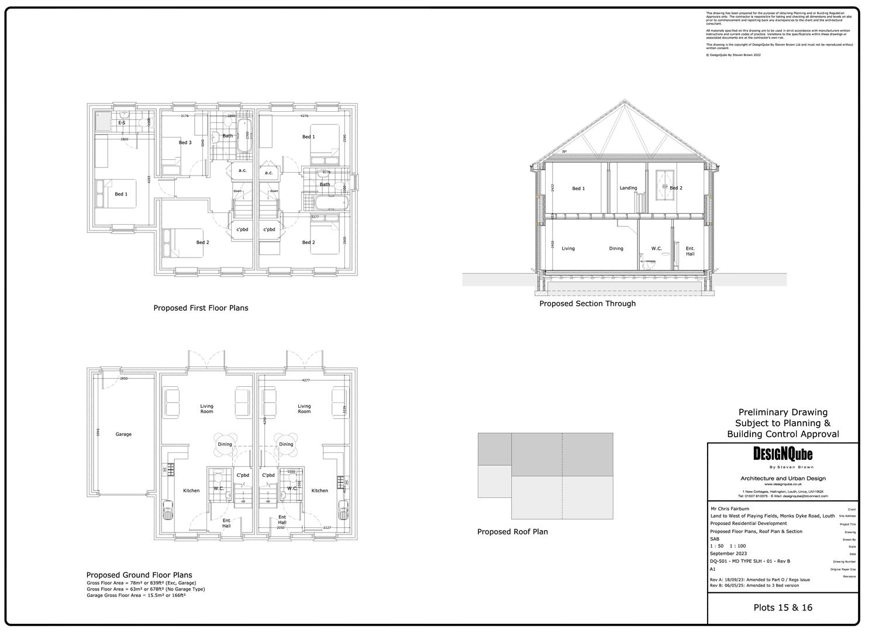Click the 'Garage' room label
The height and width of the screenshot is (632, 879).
(123, 434)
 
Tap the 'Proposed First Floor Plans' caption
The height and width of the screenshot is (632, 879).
(201, 308)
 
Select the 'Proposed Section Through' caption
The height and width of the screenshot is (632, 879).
(587, 304)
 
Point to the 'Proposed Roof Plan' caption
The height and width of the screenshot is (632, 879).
(512, 532)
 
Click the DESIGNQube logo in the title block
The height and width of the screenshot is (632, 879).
(783, 454)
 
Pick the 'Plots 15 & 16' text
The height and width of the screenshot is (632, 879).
(783, 607)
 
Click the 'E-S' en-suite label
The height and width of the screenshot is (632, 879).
(122, 123)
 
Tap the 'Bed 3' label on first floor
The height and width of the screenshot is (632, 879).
(185, 143)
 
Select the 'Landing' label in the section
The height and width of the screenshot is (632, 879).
(628, 188)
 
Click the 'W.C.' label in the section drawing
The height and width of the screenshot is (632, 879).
(656, 249)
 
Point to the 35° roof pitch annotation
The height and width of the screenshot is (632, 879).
(564, 152)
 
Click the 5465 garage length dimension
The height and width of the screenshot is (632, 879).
(98, 434)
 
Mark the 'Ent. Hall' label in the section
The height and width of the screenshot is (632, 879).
(690, 251)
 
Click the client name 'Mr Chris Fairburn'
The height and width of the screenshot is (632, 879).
(729, 509)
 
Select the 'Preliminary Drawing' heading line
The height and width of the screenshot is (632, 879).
(783, 413)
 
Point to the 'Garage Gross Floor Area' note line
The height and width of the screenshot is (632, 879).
(136, 595)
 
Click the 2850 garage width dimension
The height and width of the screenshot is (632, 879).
(123, 379)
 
